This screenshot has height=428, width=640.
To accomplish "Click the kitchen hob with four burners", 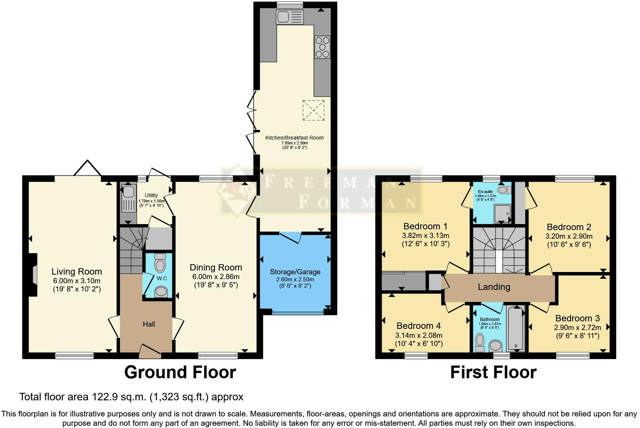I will [322, 47].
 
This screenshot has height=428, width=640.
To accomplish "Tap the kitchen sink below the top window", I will [290, 17].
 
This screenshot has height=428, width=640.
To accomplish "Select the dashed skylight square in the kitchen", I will [313, 110].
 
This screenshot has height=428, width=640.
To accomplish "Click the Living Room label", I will [77, 272].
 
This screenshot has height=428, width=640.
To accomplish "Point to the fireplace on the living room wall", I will [34, 275].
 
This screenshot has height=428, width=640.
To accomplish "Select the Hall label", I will [149, 324].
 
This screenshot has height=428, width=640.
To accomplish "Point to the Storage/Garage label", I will [295, 272].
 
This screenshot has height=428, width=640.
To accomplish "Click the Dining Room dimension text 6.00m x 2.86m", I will [216, 276].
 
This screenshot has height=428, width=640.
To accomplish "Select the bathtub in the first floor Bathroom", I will [516, 328].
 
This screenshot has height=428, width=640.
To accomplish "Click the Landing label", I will [494, 287].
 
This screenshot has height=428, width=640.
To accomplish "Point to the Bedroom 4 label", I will [418, 325].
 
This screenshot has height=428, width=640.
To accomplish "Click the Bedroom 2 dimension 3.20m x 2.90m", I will [569, 236].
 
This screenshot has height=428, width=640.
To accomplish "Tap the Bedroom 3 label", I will [577, 318].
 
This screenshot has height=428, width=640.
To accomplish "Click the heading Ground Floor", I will [180, 372].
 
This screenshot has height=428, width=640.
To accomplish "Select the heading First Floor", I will [493, 372].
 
